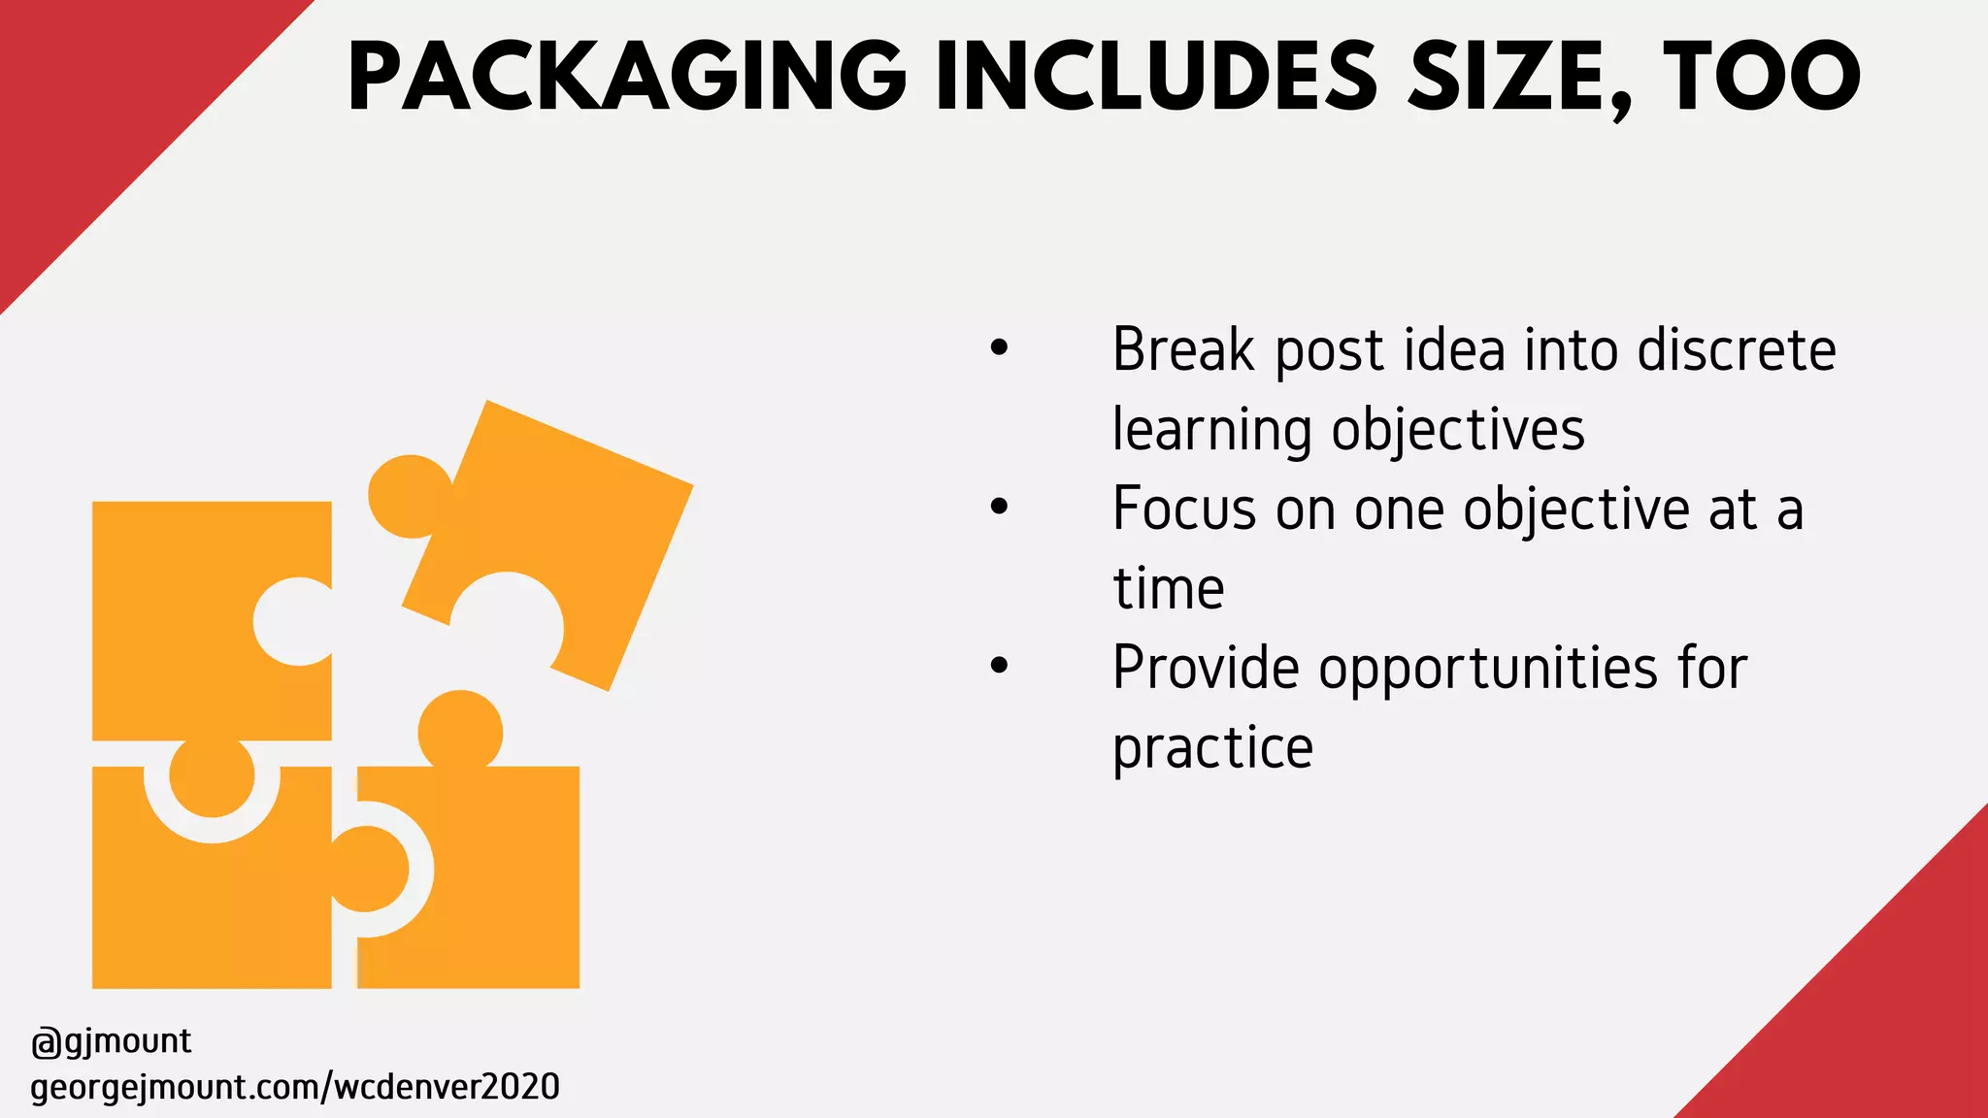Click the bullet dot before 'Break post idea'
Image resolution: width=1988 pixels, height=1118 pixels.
[999, 347]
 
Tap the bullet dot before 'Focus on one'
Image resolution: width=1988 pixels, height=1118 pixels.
[999, 507]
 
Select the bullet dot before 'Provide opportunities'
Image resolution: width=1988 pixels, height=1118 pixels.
[999, 666]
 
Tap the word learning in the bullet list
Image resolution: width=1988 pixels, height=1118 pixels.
[1213, 430]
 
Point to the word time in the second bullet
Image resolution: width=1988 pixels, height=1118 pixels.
[1169, 589]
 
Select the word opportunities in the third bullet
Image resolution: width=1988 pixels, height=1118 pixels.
[1488, 669]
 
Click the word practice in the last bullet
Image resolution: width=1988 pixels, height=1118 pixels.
[1212, 748]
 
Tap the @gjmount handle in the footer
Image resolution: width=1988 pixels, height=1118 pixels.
[112, 1041]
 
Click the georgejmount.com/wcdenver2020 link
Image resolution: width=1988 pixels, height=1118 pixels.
[295, 1087]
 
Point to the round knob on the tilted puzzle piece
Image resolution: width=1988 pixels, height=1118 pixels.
[410, 496]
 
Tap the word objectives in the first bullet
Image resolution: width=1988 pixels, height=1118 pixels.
[1458, 430]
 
